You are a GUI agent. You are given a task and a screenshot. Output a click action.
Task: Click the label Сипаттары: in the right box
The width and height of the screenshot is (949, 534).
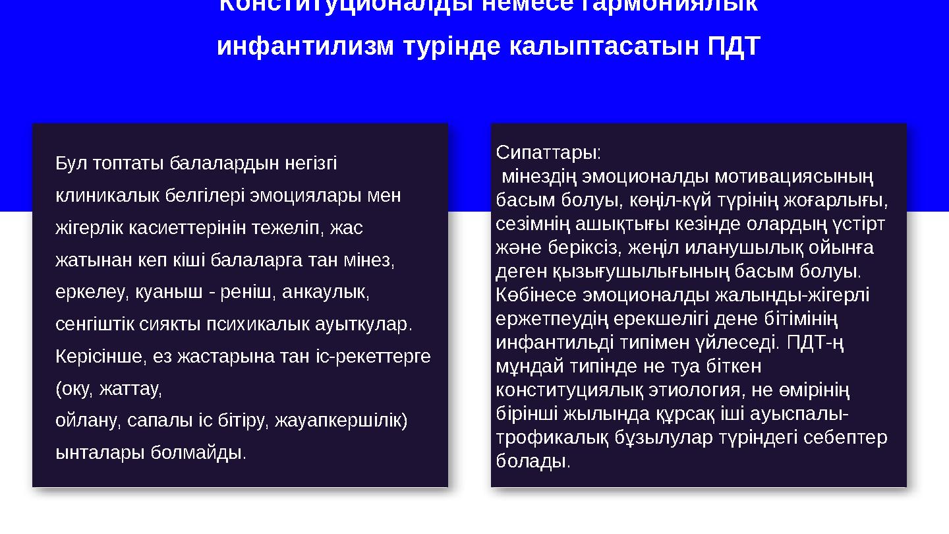click(x=548, y=153)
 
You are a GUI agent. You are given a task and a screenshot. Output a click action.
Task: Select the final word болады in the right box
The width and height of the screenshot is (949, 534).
click(x=531, y=461)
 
